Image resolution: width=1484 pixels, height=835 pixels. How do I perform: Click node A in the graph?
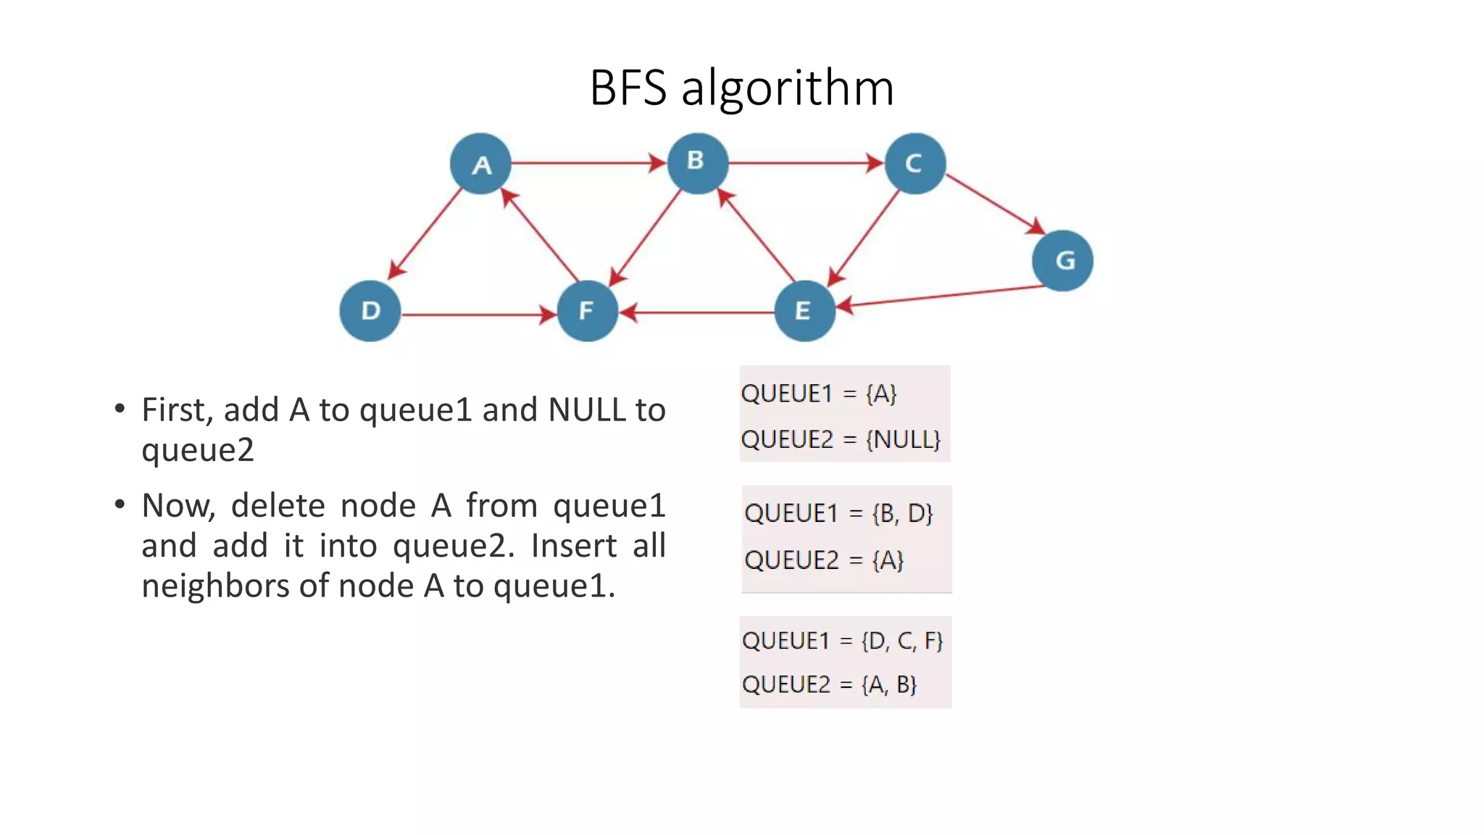[x=480, y=164]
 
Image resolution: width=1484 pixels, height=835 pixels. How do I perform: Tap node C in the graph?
[x=914, y=164]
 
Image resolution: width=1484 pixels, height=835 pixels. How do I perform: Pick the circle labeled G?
[x=1062, y=261]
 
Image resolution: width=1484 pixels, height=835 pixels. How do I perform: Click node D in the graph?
[x=370, y=311]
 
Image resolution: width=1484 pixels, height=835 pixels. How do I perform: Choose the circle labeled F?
[x=587, y=311]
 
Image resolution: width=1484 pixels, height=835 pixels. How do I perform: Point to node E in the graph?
[x=804, y=311]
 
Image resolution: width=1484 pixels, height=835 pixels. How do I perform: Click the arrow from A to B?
[x=587, y=163]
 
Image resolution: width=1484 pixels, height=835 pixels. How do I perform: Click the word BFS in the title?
[x=628, y=88]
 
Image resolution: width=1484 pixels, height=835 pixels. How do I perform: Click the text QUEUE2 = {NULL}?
[x=841, y=439]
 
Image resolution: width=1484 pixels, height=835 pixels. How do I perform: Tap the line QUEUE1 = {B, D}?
[x=838, y=513]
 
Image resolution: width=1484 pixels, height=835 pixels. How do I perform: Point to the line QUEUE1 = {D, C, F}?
[x=842, y=641]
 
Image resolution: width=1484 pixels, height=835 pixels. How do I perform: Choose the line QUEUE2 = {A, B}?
[x=830, y=684]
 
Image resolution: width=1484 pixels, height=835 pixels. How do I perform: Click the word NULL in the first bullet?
[x=587, y=410]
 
